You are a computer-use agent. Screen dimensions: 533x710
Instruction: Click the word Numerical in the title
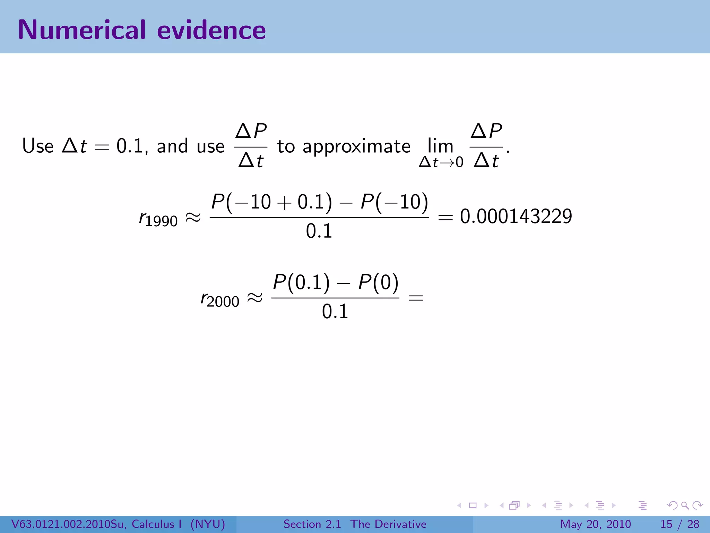coord(82,30)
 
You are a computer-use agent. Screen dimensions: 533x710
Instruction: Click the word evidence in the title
coord(211,30)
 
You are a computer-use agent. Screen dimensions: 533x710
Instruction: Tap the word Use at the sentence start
coord(38,146)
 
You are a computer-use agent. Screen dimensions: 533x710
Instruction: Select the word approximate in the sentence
coord(356,146)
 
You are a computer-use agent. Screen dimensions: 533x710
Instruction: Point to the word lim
coord(440,146)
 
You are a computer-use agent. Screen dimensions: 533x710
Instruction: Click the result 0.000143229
coord(516,217)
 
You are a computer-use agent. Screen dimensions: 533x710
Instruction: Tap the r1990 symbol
coord(158,219)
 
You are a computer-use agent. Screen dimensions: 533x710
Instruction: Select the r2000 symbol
coord(220,299)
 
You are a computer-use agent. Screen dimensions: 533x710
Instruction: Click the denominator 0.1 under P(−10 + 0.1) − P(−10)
coord(319,231)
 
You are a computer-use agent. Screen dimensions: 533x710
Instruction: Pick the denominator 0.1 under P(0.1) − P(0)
coord(335,311)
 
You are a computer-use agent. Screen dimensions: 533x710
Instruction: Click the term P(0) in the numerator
coord(378,282)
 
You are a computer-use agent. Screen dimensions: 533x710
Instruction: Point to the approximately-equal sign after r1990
coord(193,218)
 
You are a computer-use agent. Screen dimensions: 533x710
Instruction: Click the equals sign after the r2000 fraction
coord(416,298)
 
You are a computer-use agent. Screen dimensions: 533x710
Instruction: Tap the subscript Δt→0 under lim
coord(441,162)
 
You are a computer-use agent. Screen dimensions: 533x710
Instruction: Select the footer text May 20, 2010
coord(595,524)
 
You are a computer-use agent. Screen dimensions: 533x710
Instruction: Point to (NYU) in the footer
coord(208,524)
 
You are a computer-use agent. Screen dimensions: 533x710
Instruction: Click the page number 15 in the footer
coord(666,524)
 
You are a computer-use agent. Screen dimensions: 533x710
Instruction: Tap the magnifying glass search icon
coord(685,506)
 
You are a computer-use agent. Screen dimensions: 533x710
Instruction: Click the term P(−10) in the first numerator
coord(394,202)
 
